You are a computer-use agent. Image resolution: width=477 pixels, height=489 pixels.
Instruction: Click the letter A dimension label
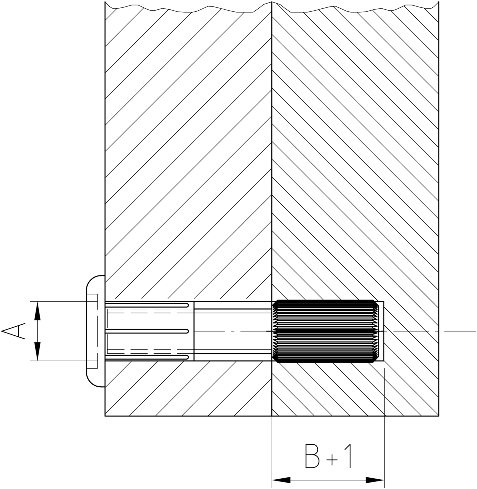click(14, 331)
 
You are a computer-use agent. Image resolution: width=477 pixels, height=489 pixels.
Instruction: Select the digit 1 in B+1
click(348, 456)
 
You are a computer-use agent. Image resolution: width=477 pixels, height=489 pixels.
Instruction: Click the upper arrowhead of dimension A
click(38, 311)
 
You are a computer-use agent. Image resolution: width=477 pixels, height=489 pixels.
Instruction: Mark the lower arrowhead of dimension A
click(38, 351)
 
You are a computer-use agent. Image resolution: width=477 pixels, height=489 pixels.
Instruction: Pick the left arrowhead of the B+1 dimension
click(281, 480)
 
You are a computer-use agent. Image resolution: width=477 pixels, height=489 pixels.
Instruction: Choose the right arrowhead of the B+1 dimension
click(375, 480)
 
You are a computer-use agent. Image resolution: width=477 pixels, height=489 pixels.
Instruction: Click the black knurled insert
click(326, 331)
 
